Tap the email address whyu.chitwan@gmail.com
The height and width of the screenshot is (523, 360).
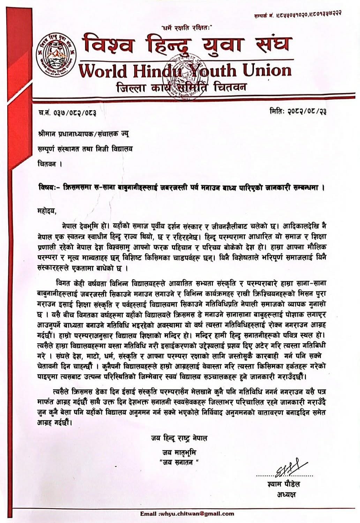[187, 514]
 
